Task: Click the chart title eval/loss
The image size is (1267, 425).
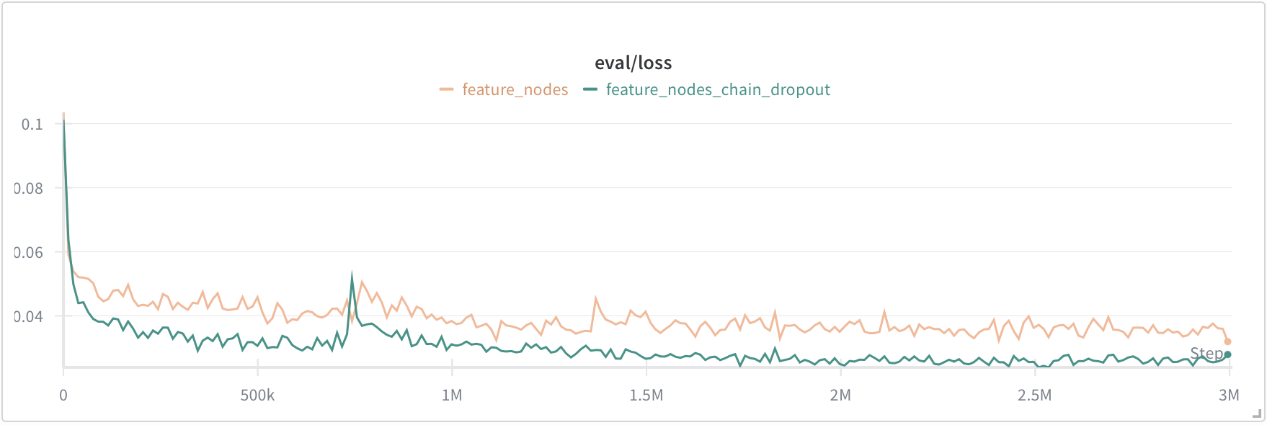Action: (x=633, y=63)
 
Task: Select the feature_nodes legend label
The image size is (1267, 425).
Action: (x=515, y=89)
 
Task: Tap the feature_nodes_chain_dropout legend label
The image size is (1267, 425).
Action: (x=718, y=90)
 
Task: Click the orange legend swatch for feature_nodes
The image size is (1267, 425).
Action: (x=446, y=89)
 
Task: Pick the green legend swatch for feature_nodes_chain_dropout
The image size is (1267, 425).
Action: (x=590, y=89)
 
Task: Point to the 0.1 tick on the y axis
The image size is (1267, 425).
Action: (x=32, y=125)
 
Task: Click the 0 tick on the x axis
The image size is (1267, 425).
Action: (x=63, y=395)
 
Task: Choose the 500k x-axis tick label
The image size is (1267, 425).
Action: (x=257, y=395)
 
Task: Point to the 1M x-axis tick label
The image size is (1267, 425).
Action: (x=452, y=395)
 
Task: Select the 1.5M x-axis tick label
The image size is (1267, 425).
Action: (x=646, y=395)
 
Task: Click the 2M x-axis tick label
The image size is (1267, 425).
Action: (x=840, y=395)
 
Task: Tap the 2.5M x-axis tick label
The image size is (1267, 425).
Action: (x=1035, y=395)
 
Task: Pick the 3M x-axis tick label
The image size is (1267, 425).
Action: (x=1229, y=395)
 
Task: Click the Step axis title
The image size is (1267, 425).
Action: (x=1206, y=354)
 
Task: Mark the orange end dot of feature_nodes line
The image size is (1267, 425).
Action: (x=1228, y=342)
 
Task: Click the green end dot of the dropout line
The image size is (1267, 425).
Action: (x=1228, y=354)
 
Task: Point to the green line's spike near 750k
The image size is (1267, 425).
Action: (x=352, y=274)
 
